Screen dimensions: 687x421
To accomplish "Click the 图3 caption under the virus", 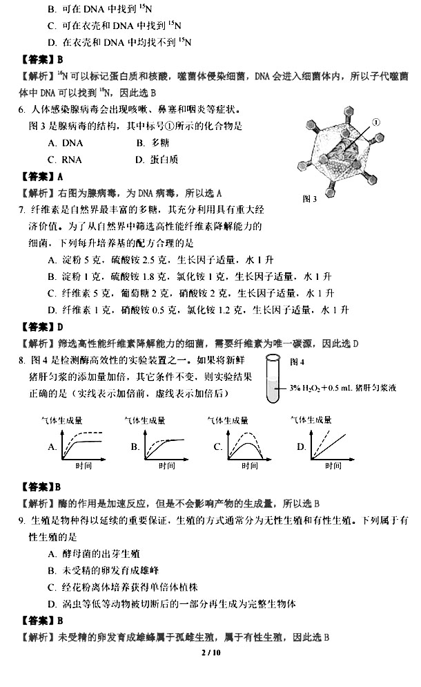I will point(310,199).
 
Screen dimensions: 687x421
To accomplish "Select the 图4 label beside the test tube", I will point(297,361).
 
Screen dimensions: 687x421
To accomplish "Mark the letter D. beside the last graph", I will point(302,447).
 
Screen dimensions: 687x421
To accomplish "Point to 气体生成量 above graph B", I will point(144,420).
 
